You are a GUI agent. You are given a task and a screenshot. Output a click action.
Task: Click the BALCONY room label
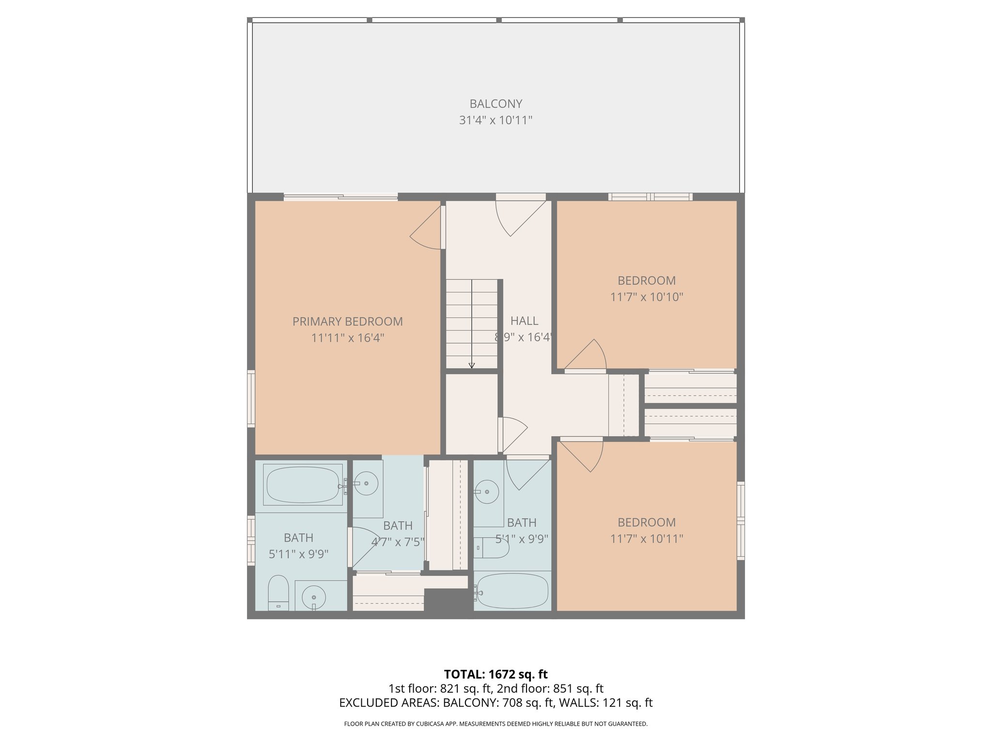click(496, 104)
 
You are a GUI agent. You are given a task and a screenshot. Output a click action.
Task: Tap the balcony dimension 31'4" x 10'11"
click(496, 120)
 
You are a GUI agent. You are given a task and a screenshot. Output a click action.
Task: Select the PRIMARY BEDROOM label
click(347, 322)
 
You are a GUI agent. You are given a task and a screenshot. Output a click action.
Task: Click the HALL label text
click(524, 321)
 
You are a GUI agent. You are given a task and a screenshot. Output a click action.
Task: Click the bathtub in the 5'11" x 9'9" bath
click(302, 484)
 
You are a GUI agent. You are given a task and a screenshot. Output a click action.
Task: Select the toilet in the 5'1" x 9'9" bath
click(492, 548)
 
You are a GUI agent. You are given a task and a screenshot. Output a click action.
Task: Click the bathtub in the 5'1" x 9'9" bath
click(512, 591)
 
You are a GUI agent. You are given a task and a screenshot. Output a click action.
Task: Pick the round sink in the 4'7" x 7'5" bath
click(366, 483)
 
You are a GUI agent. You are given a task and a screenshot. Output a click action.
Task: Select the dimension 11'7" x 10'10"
click(646, 297)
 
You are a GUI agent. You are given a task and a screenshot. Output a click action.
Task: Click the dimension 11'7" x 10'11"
click(646, 539)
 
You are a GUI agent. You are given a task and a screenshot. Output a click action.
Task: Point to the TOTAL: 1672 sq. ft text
click(496, 674)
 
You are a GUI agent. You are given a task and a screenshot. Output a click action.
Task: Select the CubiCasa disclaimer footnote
click(496, 724)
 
